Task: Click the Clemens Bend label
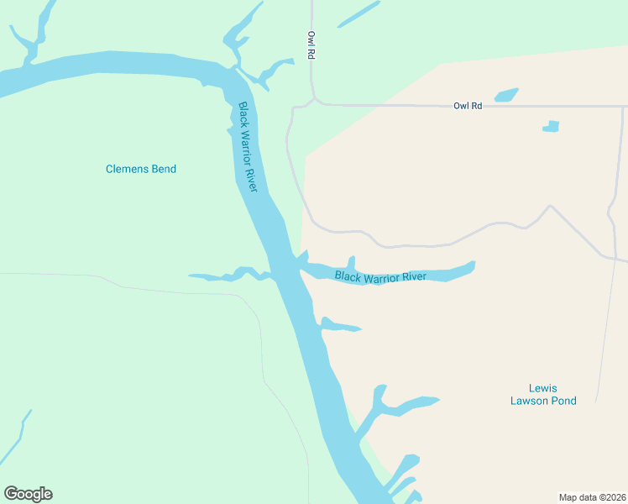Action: point(141,169)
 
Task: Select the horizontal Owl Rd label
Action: point(468,106)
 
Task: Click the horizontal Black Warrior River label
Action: point(380,276)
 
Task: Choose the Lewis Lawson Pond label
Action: point(543,395)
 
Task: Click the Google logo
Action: point(28,494)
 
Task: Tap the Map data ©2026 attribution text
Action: point(592,496)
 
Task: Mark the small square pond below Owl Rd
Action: point(551,127)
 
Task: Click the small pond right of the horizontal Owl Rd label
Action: point(506,95)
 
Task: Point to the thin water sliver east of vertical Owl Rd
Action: point(358,14)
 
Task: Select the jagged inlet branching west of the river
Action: point(227,275)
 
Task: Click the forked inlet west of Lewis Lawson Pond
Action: point(395,407)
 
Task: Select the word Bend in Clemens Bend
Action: point(164,169)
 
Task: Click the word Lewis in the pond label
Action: point(542,388)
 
